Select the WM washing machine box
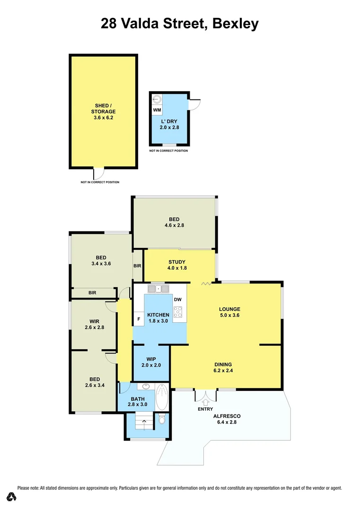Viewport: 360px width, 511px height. (x=157, y=110)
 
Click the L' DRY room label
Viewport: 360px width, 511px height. (x=169, y=124)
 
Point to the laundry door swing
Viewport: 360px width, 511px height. (x=194, y=105)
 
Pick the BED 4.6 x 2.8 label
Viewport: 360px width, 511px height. (x=174, y=222)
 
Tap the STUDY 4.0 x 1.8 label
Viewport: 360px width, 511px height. (x=177, y=265)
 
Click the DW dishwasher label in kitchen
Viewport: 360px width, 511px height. (x=177, y=300)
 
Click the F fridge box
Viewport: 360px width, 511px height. (x=139, y=319)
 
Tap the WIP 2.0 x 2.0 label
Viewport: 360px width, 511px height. (x=151, y=362)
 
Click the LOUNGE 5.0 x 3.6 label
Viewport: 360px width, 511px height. (x=230, y=312)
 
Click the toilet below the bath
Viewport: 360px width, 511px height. (x=162, y=420)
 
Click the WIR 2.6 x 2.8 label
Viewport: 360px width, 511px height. (x=94, y=324)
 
